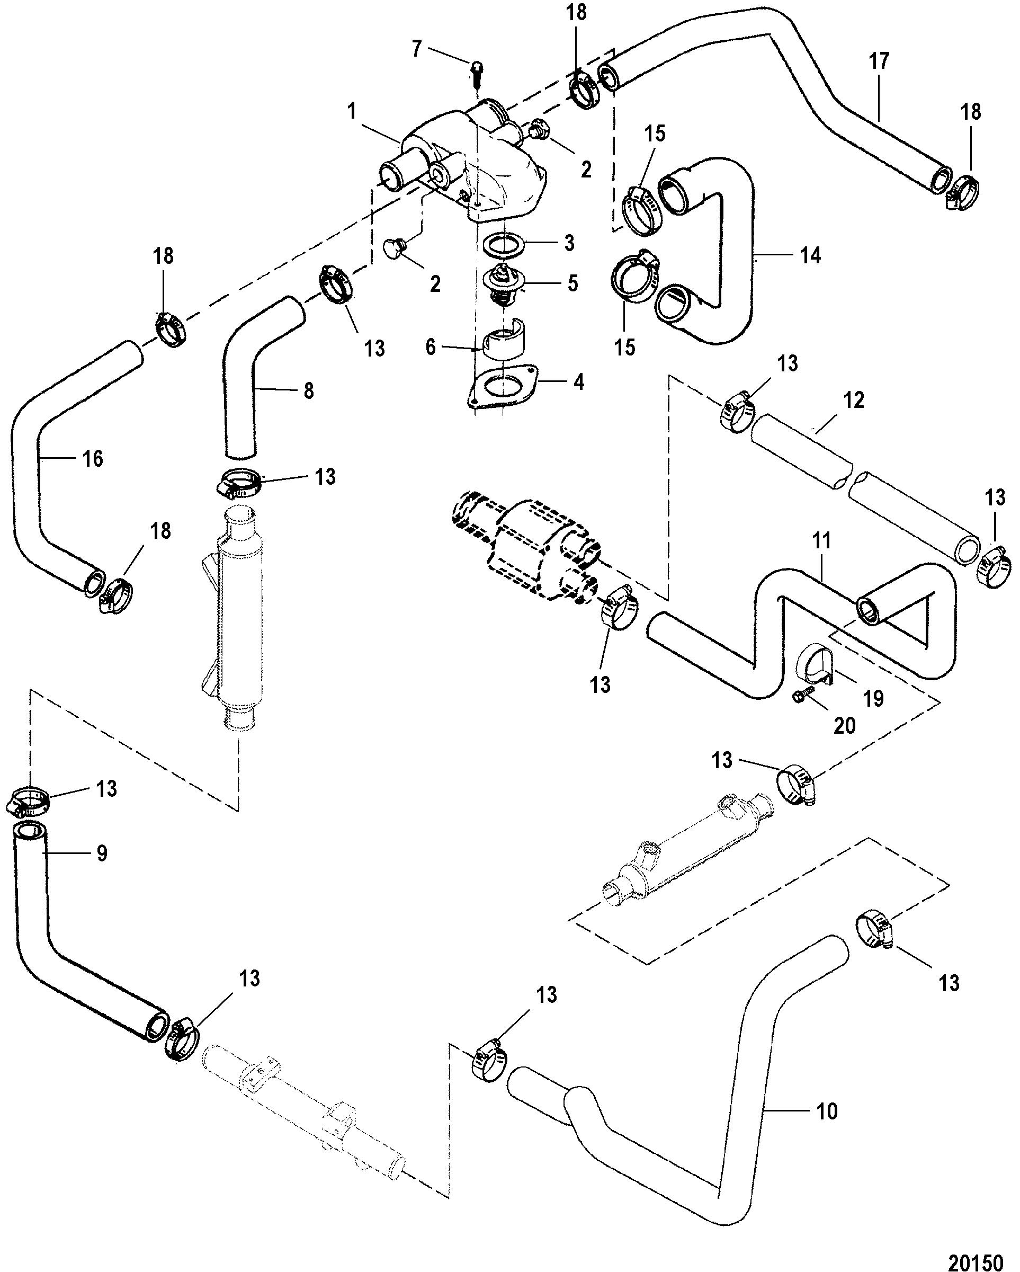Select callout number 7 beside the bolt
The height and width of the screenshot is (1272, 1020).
(417, 48)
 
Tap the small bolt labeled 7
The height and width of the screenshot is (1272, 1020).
(477, 74)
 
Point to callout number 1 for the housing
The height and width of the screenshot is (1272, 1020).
(352, 111)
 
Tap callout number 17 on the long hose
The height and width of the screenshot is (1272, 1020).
(879, 61)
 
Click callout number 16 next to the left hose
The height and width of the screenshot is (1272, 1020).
(93, 458)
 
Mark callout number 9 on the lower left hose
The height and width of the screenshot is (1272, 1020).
(102, 853)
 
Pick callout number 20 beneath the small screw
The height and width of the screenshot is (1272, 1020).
(844, 725)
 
